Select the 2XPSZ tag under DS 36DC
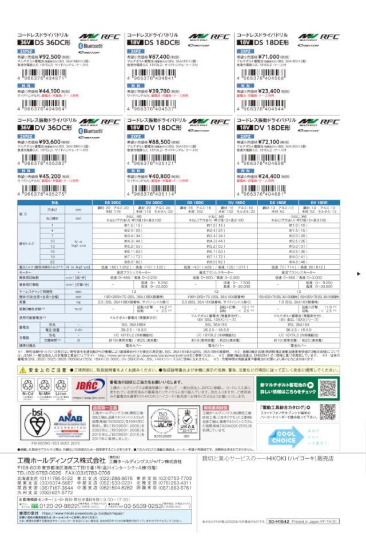(x=26, y=51)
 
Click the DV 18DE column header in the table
(x=319, y=203)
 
